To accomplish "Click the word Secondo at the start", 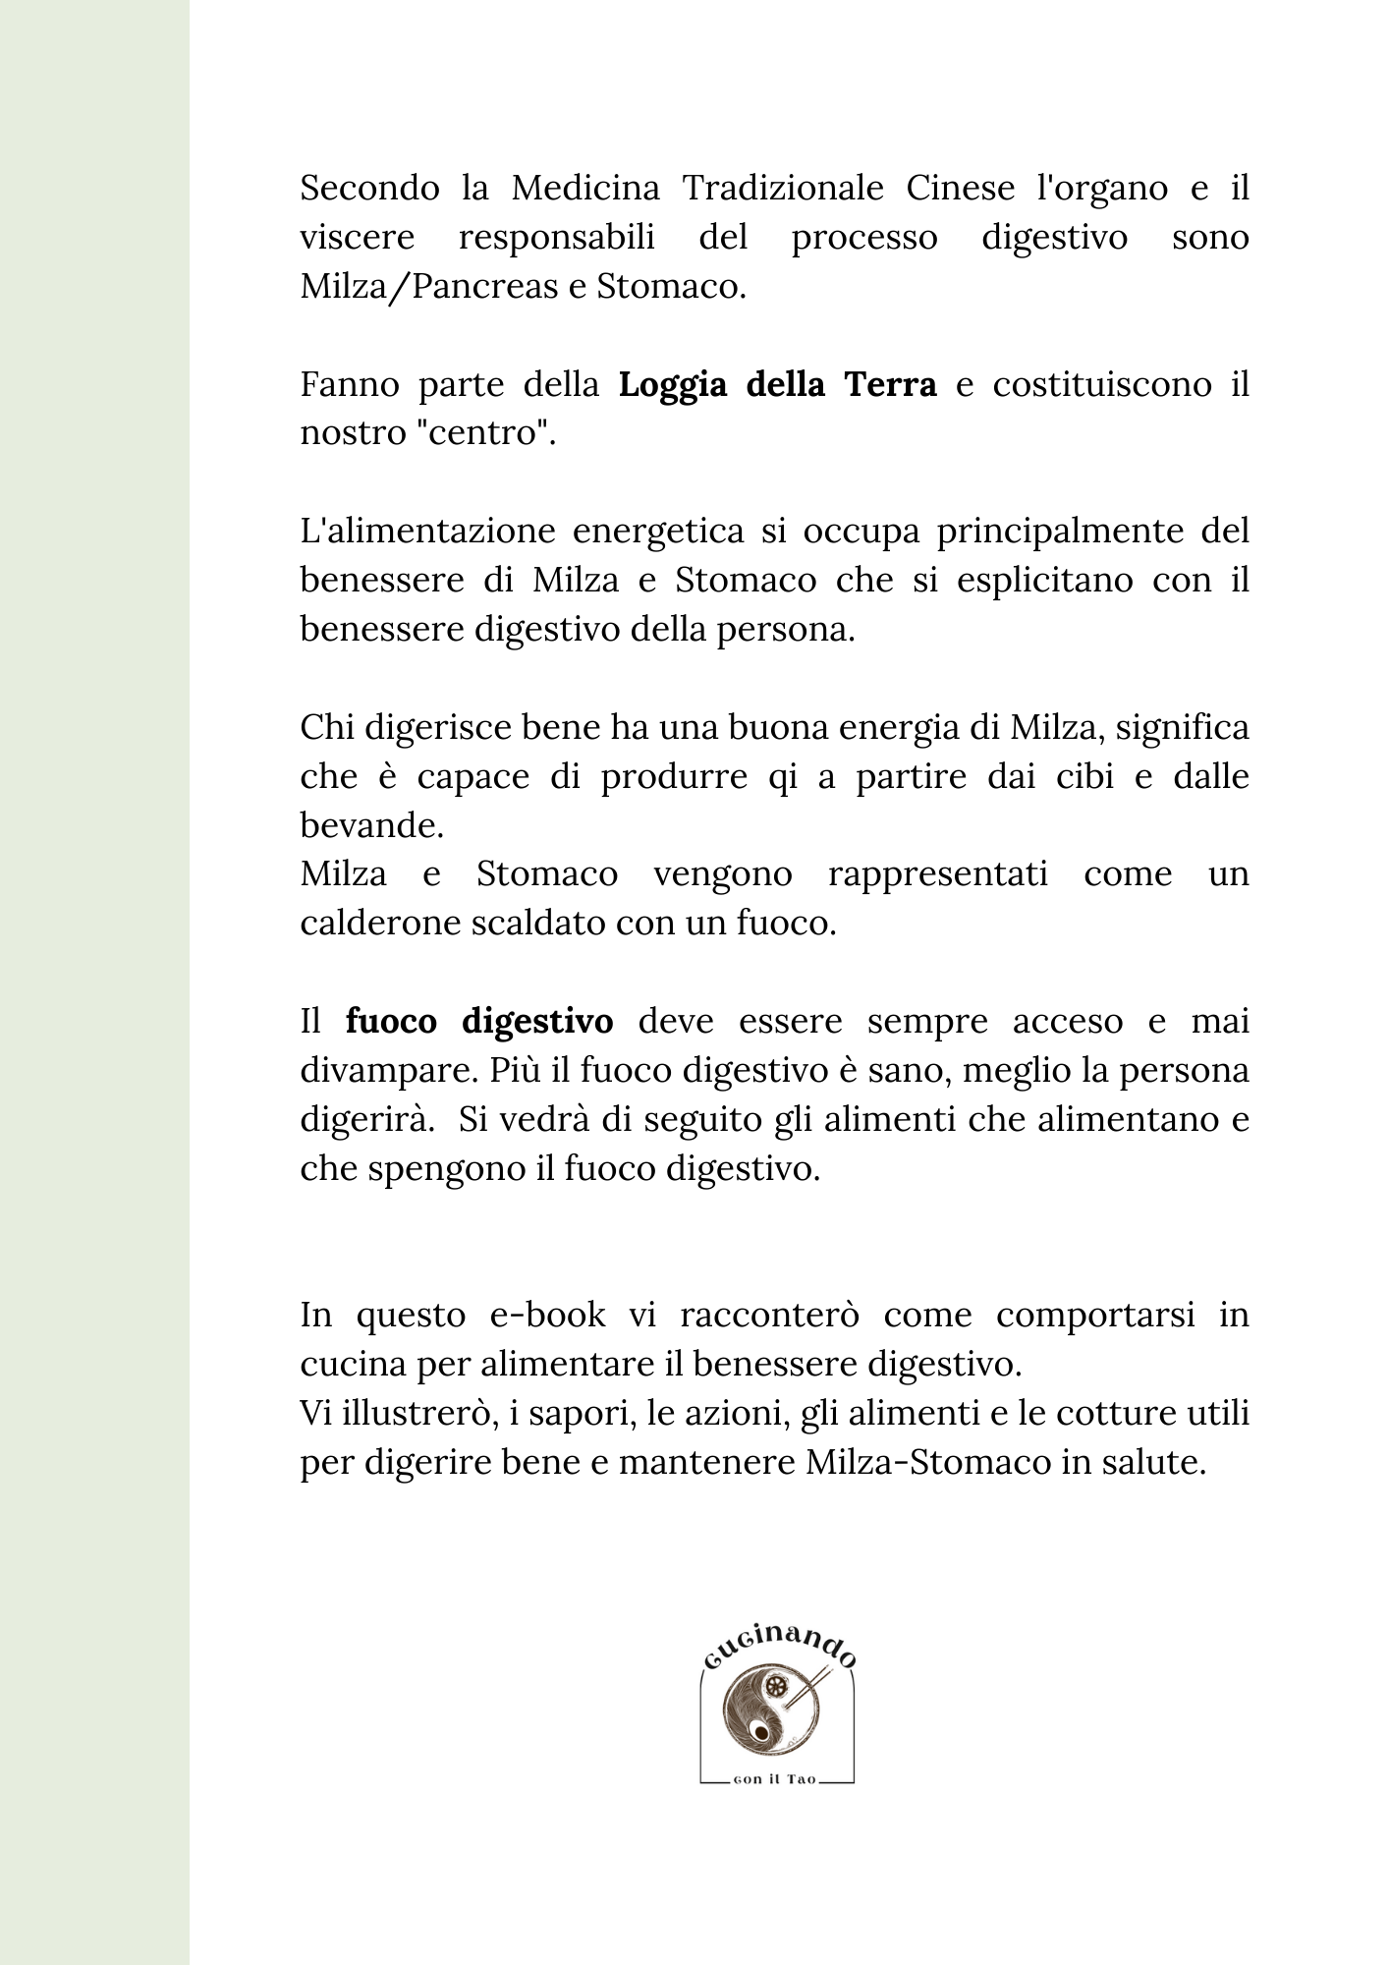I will point(369,188).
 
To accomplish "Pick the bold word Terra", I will point(889,384).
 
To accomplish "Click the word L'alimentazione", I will point(424,532).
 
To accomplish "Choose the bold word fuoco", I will point(391,1022).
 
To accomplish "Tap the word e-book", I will point(548,1316).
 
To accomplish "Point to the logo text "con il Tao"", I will point(775,1781).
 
